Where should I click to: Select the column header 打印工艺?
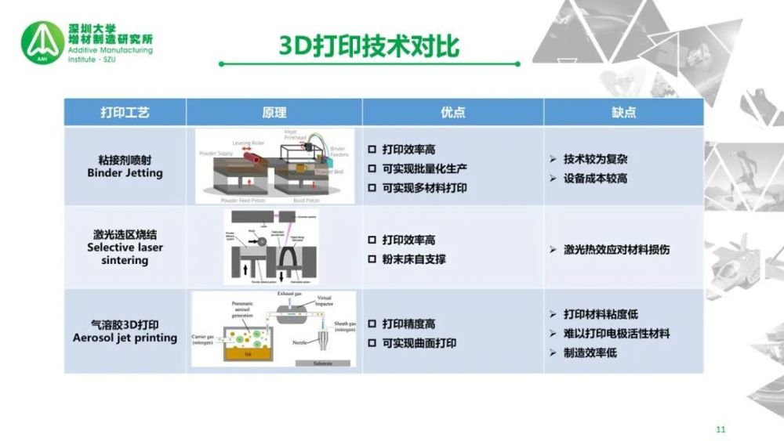pyautogui.click(x=125, y=113)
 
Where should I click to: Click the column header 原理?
pyautogui.click(x=274, y=113)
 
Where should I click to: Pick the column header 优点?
pyautogui.click(x=452, y=113)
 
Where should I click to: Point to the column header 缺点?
pyautogui.click(x=623, y=113)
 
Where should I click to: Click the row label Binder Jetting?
pyautogui.click(x=125, y=173)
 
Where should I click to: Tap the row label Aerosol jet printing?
pyautogui.click(x=125, y=338)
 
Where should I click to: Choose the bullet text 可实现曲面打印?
pyautogui.click(x=419, y=343)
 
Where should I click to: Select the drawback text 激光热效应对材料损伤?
pyautogui.click(x=617, y=249)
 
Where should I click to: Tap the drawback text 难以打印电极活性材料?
pyautogui.click(x=617, y=334)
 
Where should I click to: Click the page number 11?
pyautogui.click(x=721, y=429)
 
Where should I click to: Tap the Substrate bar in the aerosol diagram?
pyautogui.click(x=322, y=363)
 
